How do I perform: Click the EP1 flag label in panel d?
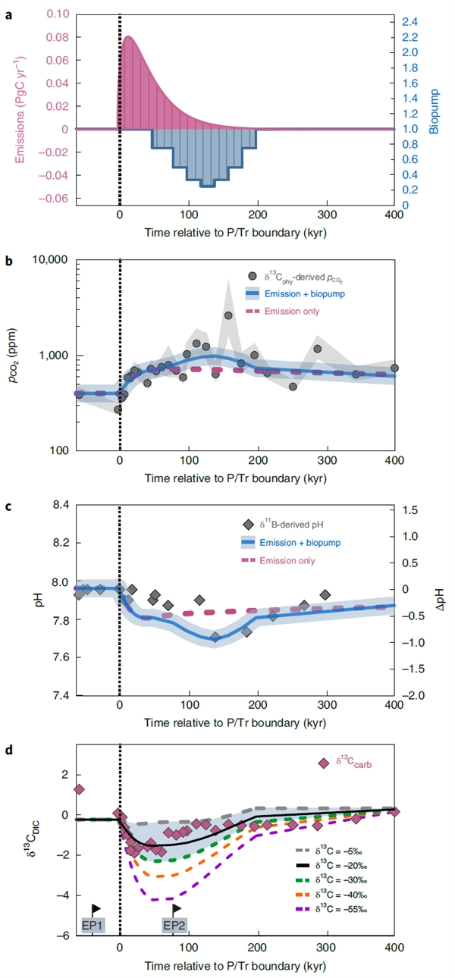coord(93,925)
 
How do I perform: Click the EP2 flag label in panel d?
coord(174,925)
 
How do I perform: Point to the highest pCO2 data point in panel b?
coord(228,315)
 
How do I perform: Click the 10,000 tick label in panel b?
coord(50,260)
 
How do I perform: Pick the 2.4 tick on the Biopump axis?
coord(410,21)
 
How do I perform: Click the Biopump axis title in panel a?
coord(434,111)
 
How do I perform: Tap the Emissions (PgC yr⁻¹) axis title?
coord(20,110)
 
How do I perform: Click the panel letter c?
coord(8,506)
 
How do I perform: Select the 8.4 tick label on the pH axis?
coord(61,505)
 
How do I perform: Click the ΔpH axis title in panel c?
coord(439,600)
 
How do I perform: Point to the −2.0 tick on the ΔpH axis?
coord(413,695)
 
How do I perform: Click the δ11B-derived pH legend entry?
coord(284,525)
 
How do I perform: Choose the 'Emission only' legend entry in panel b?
coord(283,312)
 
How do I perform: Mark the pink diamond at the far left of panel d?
coord(79,789)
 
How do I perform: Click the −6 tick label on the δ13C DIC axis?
coord(63,936)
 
